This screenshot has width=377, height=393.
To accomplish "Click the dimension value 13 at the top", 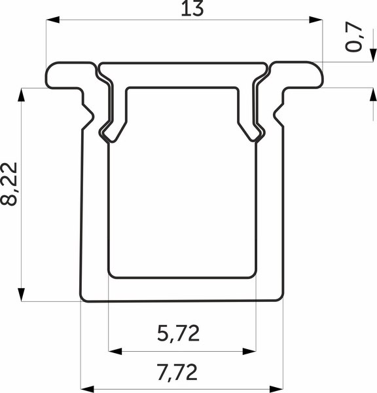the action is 192,9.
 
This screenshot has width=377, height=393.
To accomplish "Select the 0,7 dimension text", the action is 354,37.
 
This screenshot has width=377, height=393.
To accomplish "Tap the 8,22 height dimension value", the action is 9,184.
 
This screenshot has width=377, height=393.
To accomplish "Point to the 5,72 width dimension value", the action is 178,333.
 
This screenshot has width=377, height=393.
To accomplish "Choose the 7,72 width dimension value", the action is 177,372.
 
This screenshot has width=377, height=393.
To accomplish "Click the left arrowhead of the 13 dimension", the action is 52,20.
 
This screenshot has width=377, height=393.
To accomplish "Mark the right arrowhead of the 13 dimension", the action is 315,20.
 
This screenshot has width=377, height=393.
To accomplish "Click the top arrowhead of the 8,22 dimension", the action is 22,95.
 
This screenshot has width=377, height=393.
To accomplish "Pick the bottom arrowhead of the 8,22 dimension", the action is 22,295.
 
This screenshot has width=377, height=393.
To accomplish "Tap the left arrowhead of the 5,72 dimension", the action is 115,351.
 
